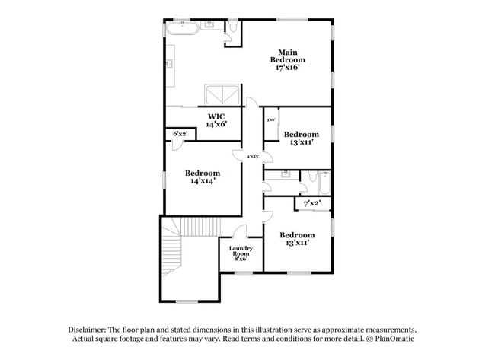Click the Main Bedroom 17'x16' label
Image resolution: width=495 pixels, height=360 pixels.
290,59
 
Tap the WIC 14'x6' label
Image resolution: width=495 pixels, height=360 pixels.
216,120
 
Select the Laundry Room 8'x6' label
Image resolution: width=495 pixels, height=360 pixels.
241,253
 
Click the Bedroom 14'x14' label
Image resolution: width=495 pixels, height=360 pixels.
203,177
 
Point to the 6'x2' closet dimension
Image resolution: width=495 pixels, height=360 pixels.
180,134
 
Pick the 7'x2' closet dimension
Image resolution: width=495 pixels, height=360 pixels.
312,203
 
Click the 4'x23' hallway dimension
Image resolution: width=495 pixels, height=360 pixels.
252,156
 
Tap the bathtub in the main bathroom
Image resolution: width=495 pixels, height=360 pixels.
183,29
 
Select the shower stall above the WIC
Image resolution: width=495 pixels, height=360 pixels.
221,95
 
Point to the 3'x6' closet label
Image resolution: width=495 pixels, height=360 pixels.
270,119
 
